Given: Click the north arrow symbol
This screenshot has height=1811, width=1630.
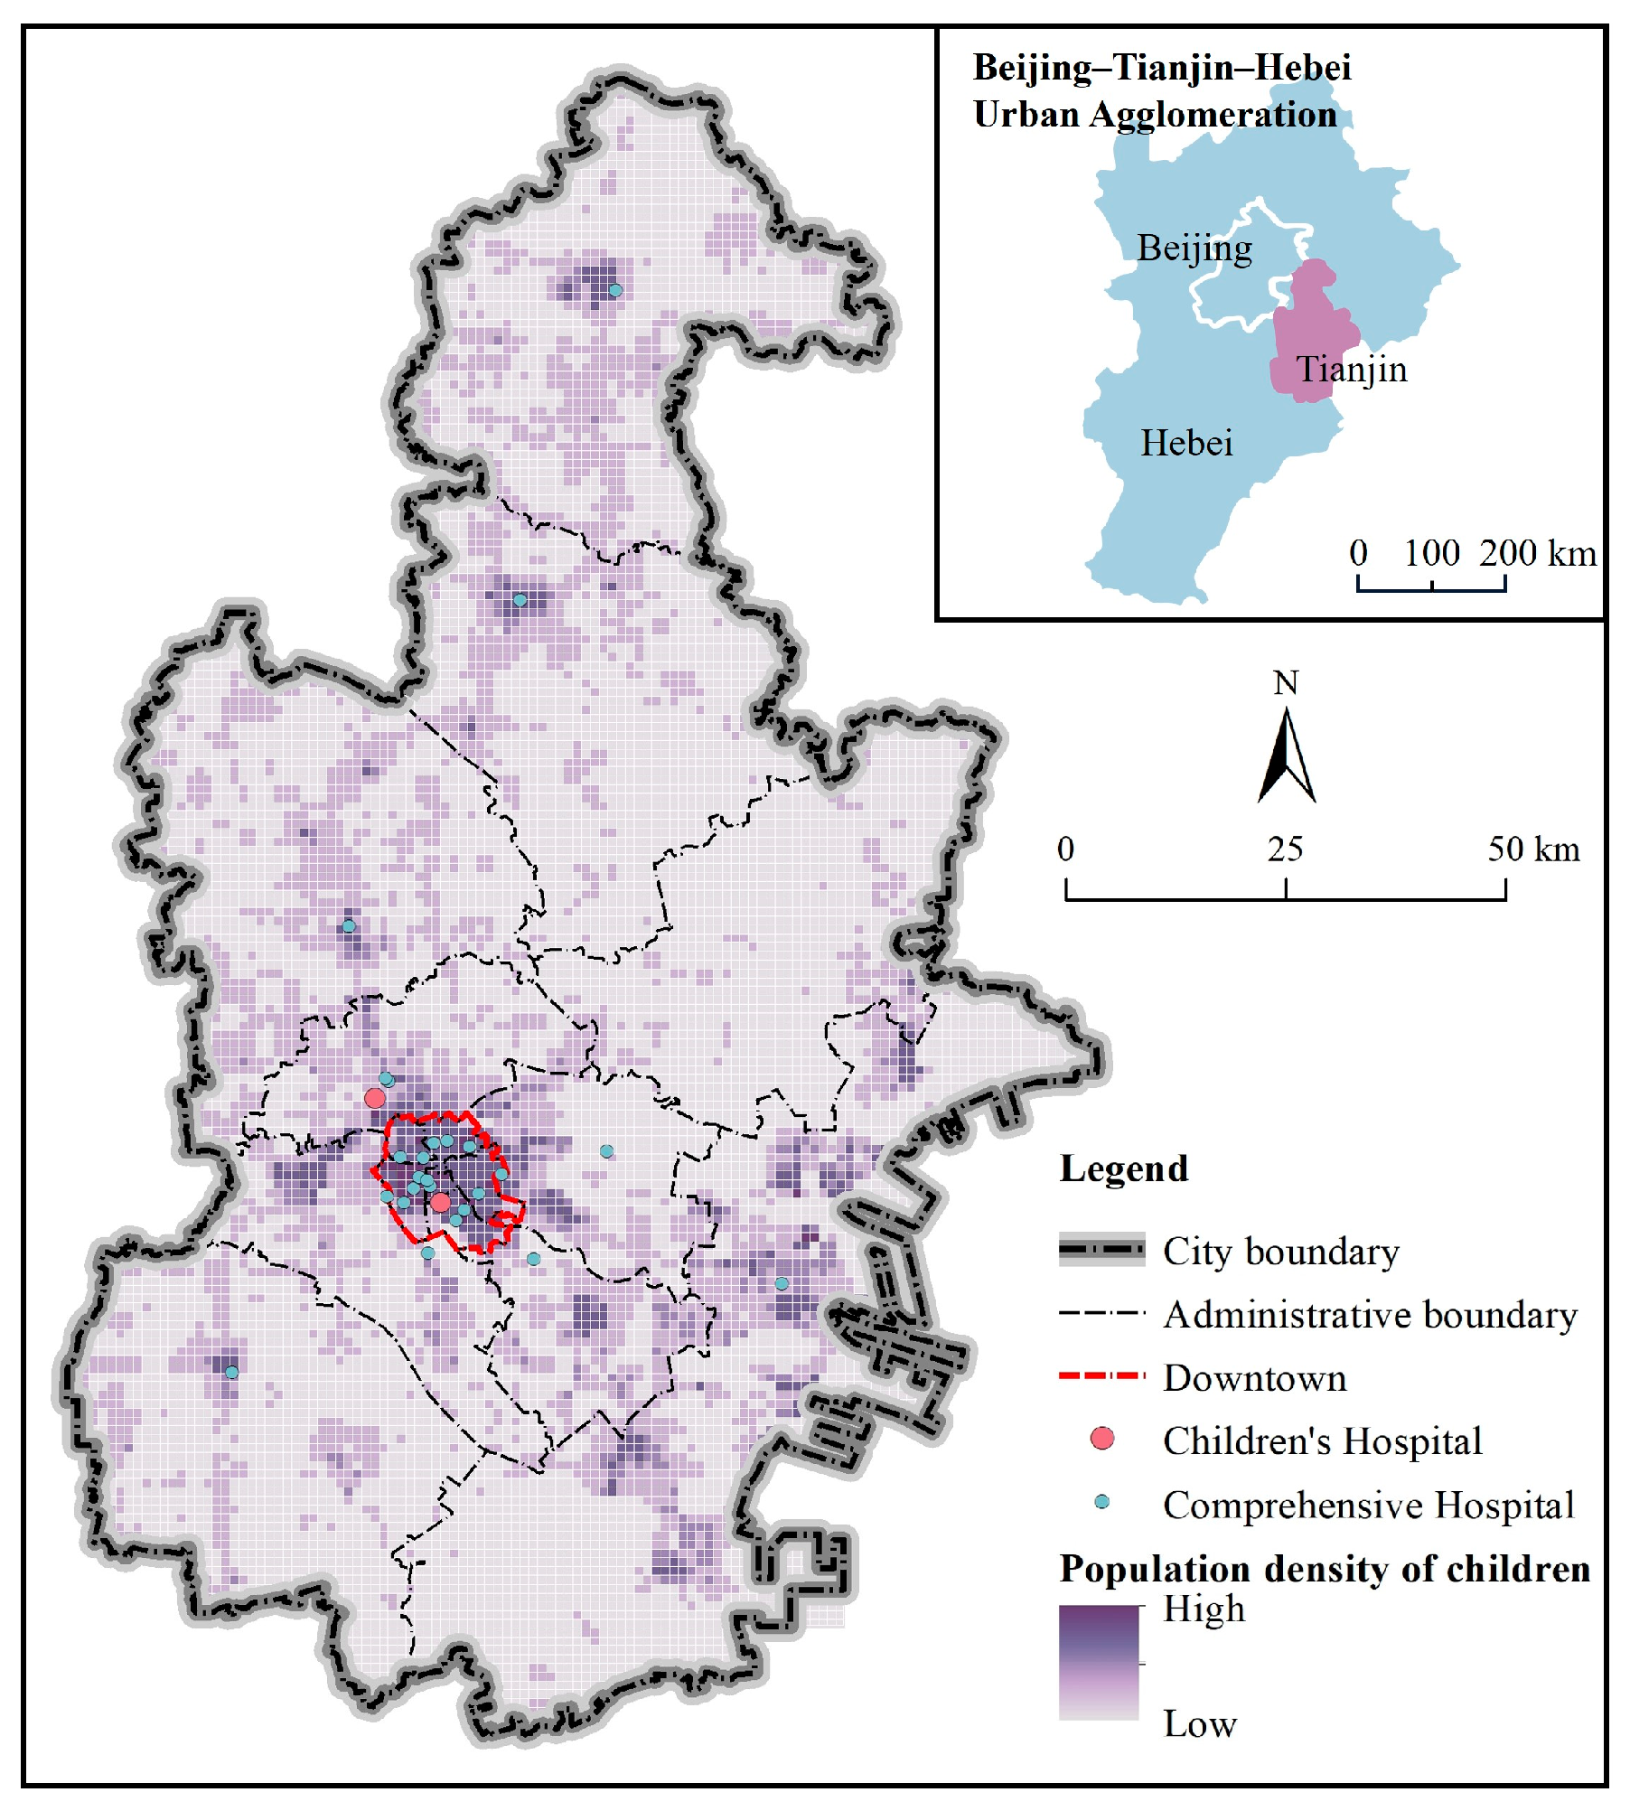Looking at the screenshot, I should tap(1286, 757).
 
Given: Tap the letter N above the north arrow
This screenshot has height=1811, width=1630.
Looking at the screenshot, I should tap(1286, 683).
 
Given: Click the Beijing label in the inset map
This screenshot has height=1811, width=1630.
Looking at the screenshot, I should tap(1194, 249).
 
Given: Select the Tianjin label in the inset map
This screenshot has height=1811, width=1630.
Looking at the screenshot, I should tap(1351, 370).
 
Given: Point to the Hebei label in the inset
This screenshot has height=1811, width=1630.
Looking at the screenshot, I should tap(1185, 444).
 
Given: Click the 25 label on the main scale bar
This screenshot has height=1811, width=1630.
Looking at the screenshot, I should tap(1285, 849).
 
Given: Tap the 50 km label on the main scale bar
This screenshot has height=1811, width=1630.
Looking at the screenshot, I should tap(1533, 849).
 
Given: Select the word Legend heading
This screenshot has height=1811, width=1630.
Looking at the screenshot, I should tap(1123, 1168).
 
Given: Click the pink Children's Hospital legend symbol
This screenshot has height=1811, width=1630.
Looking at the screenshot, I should tap(1101, 1439).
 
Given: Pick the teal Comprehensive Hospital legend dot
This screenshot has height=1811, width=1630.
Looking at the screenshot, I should tap(1101, 1502).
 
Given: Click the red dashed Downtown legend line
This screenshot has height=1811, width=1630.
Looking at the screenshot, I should tap(1101, 1376).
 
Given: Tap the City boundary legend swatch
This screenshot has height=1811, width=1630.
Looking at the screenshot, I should tap(1101, 1250).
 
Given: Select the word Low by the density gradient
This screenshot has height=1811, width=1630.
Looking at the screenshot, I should tap(1199, 1724).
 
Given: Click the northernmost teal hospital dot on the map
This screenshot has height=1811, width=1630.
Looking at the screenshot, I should tap(615, 290).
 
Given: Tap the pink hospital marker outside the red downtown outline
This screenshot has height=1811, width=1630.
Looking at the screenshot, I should tap(375, 1098).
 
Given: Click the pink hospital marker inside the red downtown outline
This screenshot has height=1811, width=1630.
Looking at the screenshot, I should tap(440, 1202).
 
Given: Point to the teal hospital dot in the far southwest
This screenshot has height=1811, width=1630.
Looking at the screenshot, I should tap(231, 1372).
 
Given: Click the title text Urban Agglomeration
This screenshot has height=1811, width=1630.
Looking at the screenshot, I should tap(1154, 115).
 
